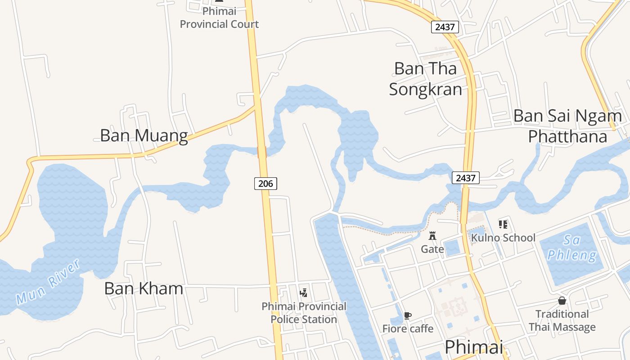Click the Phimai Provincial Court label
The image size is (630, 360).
coord(219,18)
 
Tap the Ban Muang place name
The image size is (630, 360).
coord(144,135)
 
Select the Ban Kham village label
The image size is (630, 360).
coord(144,288)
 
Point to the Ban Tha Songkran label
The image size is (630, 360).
coord(425,79)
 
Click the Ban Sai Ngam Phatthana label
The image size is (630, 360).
coord(567,126)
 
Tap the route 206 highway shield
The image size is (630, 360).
coord(265,184)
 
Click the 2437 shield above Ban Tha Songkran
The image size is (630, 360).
coord(445,27)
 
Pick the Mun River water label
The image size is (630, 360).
coord(48,281)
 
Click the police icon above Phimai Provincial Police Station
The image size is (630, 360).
coord(304,292)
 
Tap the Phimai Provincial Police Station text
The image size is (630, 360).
coord(304,313)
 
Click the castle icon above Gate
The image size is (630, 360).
coord(432,236)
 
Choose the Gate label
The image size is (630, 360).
coord(432,249)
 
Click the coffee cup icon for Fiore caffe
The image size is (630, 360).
coord(408,315)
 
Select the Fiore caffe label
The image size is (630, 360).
coord(408,328)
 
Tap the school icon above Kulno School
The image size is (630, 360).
coord(503,224)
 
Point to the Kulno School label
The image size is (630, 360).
coord(503,238)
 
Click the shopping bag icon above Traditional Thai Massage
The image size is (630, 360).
coord(562,301)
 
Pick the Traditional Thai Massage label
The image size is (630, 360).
coord(562,320)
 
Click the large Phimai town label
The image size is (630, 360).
coord(474,347)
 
